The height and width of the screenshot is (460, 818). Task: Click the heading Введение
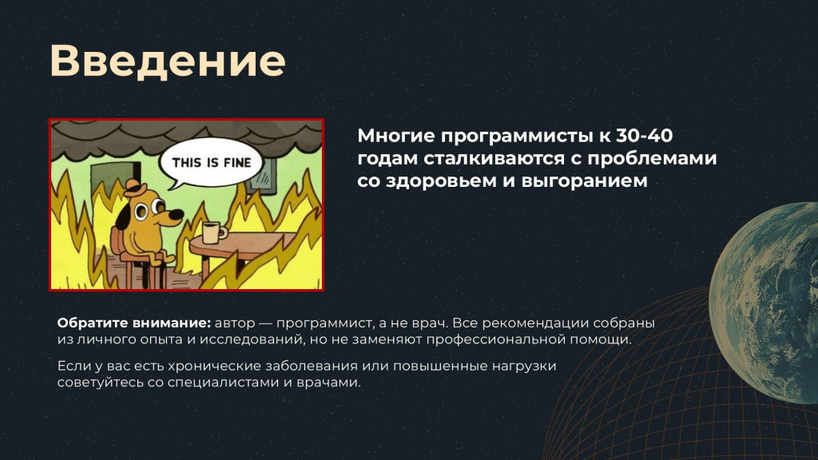[x=168, y=61]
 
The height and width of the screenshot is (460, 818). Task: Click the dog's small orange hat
[x=135, y=188]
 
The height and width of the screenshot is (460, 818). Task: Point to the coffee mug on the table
[x=212, y=232]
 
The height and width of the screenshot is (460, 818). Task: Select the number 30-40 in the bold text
[x=645, y=136]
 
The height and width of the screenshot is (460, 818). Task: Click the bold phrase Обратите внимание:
[x=134, y=323]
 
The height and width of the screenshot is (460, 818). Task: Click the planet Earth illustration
[x=764, y=303]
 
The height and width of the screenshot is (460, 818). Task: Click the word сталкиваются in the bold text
[x=494, y=158]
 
